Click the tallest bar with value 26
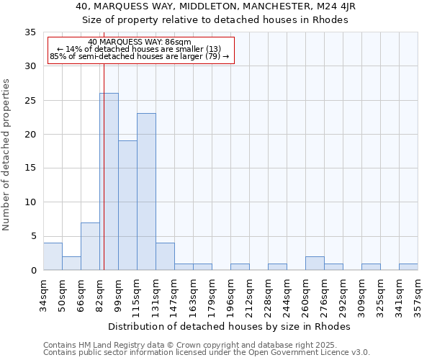pyautogui.click(x=109, y=181)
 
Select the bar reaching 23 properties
pyautogui.click(x=146, y=192)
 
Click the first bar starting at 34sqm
pyautogui.click(x=53, y=256)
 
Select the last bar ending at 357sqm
pyautogui.click(x=408, y=266)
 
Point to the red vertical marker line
pyautogui.click(x=104, y=180)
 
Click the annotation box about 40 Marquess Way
pyautogui.click(x=141, y=50)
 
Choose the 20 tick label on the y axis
pyautogui.click(x=30, y=135)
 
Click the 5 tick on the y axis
pyautogui.click(x=32, y=236)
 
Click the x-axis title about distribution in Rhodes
pyautogui.click(x=230, y=326)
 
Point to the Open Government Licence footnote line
pyautogui.click(x=207, y=352)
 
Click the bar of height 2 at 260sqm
pyautogui.click(x=315, y=263)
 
